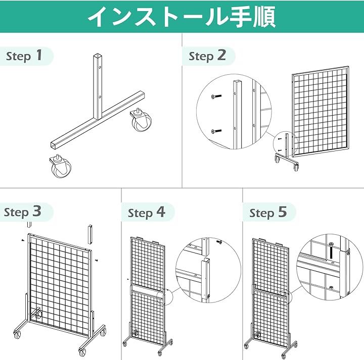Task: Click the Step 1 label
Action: (24, 56)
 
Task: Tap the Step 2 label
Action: (207, 56)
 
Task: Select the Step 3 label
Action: (23, 212)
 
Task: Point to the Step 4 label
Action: (147, 213)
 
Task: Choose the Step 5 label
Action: (268, 213)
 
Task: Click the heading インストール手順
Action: (182, 17)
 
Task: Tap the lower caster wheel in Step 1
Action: (60, 166)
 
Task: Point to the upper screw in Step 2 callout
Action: (216, 96)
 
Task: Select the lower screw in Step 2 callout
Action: (216, 132)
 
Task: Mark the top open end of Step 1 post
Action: (98, 56)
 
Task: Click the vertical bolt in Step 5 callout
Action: (331, 251)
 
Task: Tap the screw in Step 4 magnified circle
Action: (219, 242)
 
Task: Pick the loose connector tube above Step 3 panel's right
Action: (90, 234)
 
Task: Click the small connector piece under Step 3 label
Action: (29, 224)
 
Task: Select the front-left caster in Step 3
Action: (17, 334)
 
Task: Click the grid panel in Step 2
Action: (321, 111)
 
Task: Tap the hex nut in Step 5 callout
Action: (331, 288)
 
